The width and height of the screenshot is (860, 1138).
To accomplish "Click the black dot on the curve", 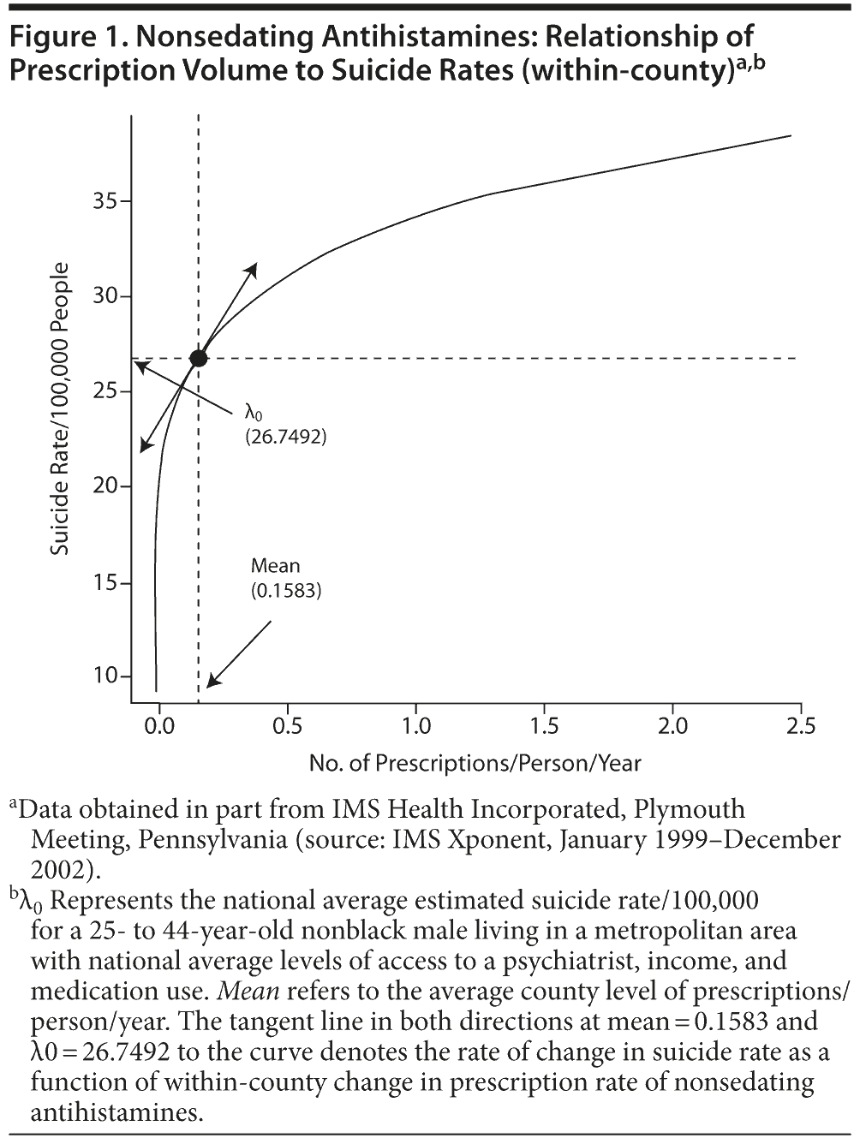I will click(198, 358).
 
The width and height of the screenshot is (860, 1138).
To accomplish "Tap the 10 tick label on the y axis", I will click(105, 676).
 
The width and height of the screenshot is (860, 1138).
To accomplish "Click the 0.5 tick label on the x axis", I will click(287, 727).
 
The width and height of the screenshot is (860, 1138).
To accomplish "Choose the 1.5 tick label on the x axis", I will click(543, 727).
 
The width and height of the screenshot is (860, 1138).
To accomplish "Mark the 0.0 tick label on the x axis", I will click(159, 727).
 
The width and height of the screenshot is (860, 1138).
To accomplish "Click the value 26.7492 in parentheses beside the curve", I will click(286, 437).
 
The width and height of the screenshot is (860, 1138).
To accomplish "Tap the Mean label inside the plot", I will click(275, 566).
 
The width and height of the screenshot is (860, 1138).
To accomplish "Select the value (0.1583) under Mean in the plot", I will click(286, 590).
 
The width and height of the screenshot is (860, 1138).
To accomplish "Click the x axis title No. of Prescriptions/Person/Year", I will click(475, 763).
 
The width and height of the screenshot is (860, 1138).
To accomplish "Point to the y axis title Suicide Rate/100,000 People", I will click(59, 409).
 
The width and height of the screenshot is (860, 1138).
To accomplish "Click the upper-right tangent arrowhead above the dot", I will click(253, 268).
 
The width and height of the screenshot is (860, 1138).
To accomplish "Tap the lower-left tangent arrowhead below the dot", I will click(145, 446).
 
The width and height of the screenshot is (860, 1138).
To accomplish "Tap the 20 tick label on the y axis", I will click(105, 486).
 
